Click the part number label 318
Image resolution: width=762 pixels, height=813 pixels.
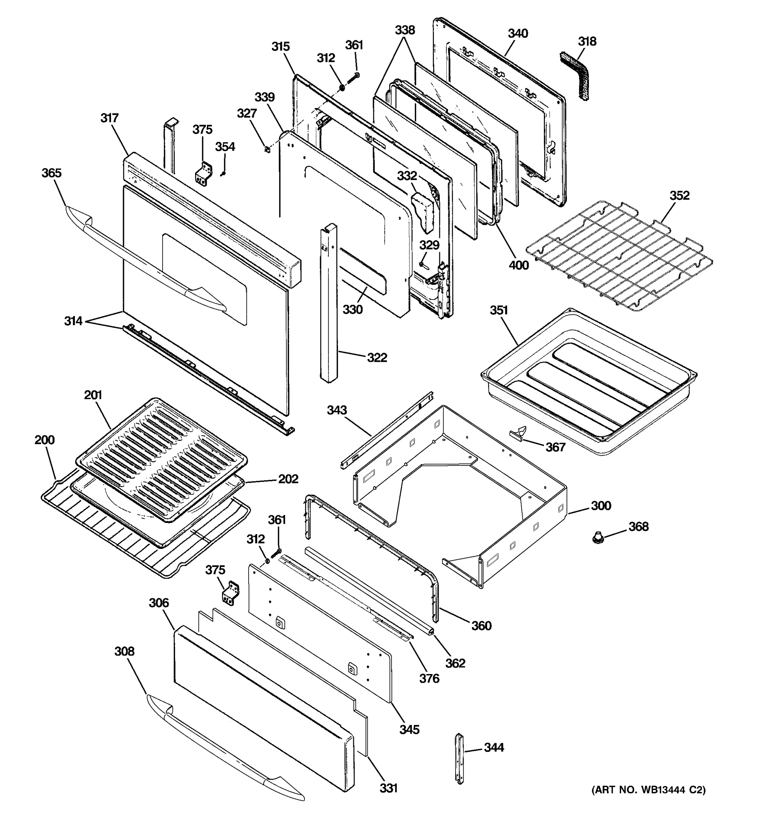(x=587, y=41)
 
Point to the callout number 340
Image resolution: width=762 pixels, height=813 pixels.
(x=517, y=33)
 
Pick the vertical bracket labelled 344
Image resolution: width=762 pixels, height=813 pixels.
(x=460, y=758)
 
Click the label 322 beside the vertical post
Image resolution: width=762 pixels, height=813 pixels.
(x=377, y=357)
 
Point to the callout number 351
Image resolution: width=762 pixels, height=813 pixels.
(x=499, y=310)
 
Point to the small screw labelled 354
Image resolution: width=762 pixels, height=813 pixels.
(x=223, y=173)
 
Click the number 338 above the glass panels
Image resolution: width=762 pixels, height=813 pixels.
(x=405, y=30)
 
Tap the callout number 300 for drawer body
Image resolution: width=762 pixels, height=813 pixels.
(x=600, y=505)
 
